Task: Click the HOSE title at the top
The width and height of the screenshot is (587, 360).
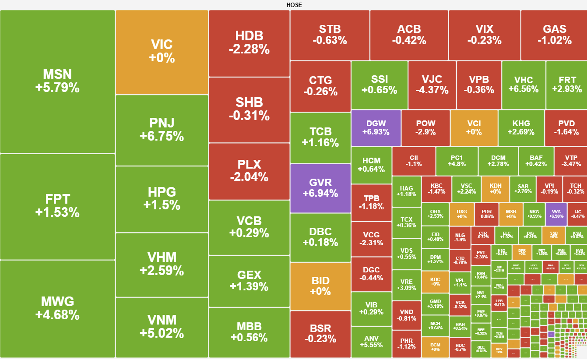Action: coord(294,5)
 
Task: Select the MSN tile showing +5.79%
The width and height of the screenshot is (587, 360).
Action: coord(57,81)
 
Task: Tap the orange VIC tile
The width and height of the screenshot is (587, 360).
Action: coord(162,52)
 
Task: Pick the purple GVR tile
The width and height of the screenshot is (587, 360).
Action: coord(320,188)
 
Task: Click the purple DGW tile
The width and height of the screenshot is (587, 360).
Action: coord(376,127)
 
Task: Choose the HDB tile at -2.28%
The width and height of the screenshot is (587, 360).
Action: coord(249,43)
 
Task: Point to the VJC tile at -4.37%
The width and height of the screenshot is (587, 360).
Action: coord(432,85)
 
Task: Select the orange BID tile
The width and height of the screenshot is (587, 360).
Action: coord(320,286)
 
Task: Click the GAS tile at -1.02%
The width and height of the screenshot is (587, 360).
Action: coord(554,35)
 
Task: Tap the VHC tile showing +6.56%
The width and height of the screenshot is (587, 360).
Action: coord(524,85)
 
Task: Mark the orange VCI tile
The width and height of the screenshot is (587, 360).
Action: coord(474,127)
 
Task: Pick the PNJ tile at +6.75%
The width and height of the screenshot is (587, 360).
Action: coord(162,130)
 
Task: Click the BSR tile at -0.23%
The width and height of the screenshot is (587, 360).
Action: coord(320,333)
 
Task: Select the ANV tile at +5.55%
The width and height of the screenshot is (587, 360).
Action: coord(371,342)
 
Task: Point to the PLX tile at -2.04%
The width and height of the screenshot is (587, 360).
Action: coord(249,171)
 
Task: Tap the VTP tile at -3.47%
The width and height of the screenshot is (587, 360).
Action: coord(570,161)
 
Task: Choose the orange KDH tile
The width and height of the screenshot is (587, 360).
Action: coord(495,189)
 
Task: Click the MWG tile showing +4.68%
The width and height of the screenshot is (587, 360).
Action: coord(57,308)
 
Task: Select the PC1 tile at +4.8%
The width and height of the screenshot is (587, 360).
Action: coord(456,161)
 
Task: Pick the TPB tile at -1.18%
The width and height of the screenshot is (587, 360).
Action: coord(371,202)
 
